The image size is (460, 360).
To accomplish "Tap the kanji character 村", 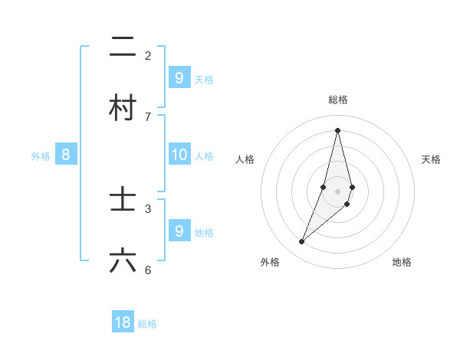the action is pyautogui.click(x=123, y=108).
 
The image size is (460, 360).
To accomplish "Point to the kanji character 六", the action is pyautogui.click(x=123, y=261).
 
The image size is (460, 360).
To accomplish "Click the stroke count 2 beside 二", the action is pyautogui.click(x=148, y=55).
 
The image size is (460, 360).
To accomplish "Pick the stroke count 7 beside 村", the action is pyautogui.click(x=148, y=116).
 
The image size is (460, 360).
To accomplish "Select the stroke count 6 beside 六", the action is pyautogui.click(x=148, y=270).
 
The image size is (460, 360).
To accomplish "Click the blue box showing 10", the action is pyautogui.click(x=179, y=155).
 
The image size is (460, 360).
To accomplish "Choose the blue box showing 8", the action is pyautogui.click(x=66, y=155).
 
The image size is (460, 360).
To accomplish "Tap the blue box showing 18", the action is pyautogui.click(x=123, y=322).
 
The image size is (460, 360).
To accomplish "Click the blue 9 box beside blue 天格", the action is pyautogui.click(x=179, y=77).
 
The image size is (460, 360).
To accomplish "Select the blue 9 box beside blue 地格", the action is pyautogui.click(x=179, y=231).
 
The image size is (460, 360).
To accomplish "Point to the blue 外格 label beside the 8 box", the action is pyautogui.click(x=41, y=156).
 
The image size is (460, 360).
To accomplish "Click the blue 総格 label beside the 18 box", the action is pyautogui.click(x=147, y=324).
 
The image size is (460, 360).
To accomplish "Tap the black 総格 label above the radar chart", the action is pyautogui.click(x=338, y=100).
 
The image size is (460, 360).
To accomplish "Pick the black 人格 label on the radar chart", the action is pyautogui.click(x=245, y=159).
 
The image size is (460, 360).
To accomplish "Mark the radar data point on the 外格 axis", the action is pyautogui.click(x=302, y=242).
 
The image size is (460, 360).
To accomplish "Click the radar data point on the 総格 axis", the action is pyautogui.click(x=338, y=129).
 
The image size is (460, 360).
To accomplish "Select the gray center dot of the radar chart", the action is pyautogui.click(x=338, y=191).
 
